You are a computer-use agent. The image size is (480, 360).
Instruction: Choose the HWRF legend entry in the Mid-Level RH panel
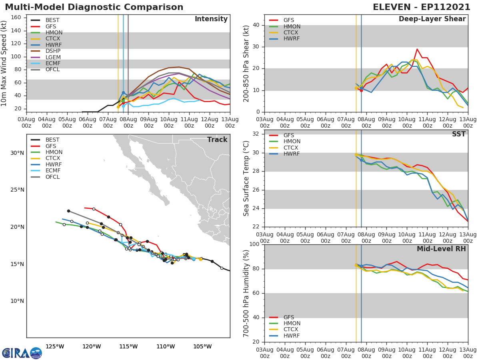292,336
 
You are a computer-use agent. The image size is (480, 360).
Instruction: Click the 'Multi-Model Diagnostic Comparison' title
94,7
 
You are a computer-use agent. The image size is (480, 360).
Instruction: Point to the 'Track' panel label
217,140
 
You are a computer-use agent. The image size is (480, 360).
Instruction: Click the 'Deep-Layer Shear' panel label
432,19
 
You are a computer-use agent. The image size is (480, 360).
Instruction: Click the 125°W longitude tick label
55,346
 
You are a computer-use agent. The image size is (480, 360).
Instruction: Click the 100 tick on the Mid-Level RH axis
255,244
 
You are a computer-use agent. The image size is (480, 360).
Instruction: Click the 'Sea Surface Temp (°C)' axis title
246,179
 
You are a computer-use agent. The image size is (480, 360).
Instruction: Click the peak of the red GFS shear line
417,49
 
